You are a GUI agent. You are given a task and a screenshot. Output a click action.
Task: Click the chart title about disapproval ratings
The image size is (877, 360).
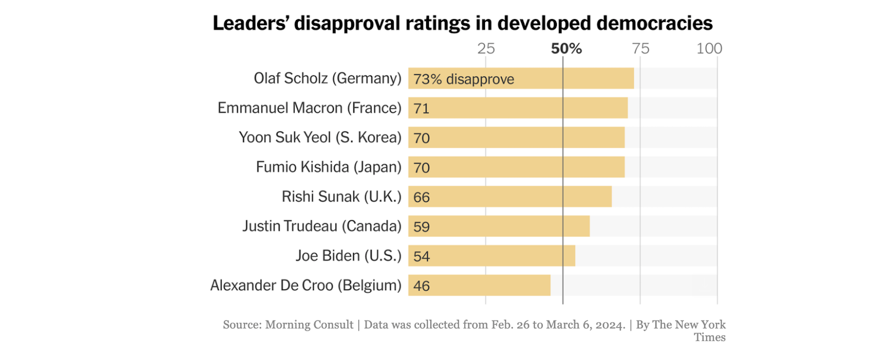[x=462, y=23]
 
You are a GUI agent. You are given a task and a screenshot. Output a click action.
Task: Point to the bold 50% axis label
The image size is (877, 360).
[x=566, y=48]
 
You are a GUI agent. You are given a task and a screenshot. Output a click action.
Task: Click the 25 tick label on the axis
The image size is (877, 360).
[x=486, y=48]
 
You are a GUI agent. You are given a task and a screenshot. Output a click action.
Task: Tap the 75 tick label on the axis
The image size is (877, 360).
[x=640, y=48]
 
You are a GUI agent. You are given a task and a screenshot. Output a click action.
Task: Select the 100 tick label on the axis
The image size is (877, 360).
[x=709, y=48]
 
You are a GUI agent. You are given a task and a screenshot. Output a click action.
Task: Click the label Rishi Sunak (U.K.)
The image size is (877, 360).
[x=341, y=196]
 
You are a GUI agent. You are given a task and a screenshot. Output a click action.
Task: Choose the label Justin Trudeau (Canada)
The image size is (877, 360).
[x=322, y=226]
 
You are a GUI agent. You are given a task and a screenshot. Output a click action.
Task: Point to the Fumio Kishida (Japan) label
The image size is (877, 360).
[x=328, y=167]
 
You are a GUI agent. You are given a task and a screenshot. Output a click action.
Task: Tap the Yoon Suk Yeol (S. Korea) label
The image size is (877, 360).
[x=320, y=138]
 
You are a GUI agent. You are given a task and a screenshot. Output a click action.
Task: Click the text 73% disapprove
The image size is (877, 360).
[x=464, y=79]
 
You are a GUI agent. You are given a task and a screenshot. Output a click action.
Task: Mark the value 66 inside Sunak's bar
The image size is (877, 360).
[x=421, y=197]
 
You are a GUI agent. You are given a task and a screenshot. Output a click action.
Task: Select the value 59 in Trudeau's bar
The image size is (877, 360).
[x=421, y=227]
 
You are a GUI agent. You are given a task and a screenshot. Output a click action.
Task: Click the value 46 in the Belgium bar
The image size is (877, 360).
[x=421, y=286]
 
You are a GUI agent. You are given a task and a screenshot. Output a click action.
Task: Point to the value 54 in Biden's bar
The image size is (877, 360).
[x=421, y=256]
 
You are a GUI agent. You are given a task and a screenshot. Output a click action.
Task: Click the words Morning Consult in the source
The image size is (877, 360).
[x=309, y=325]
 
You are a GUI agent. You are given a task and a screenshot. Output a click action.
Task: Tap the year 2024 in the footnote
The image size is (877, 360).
[x=610, y=325]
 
